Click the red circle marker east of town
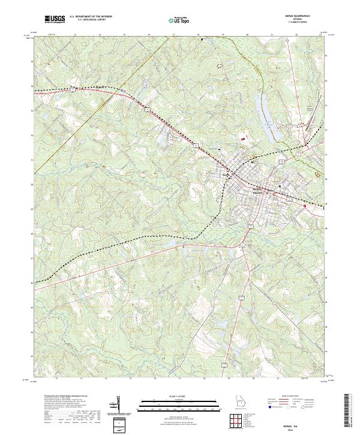pyautogui.click(x=305, y=206)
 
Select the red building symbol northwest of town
pyautogui.click(x=243, y=139)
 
